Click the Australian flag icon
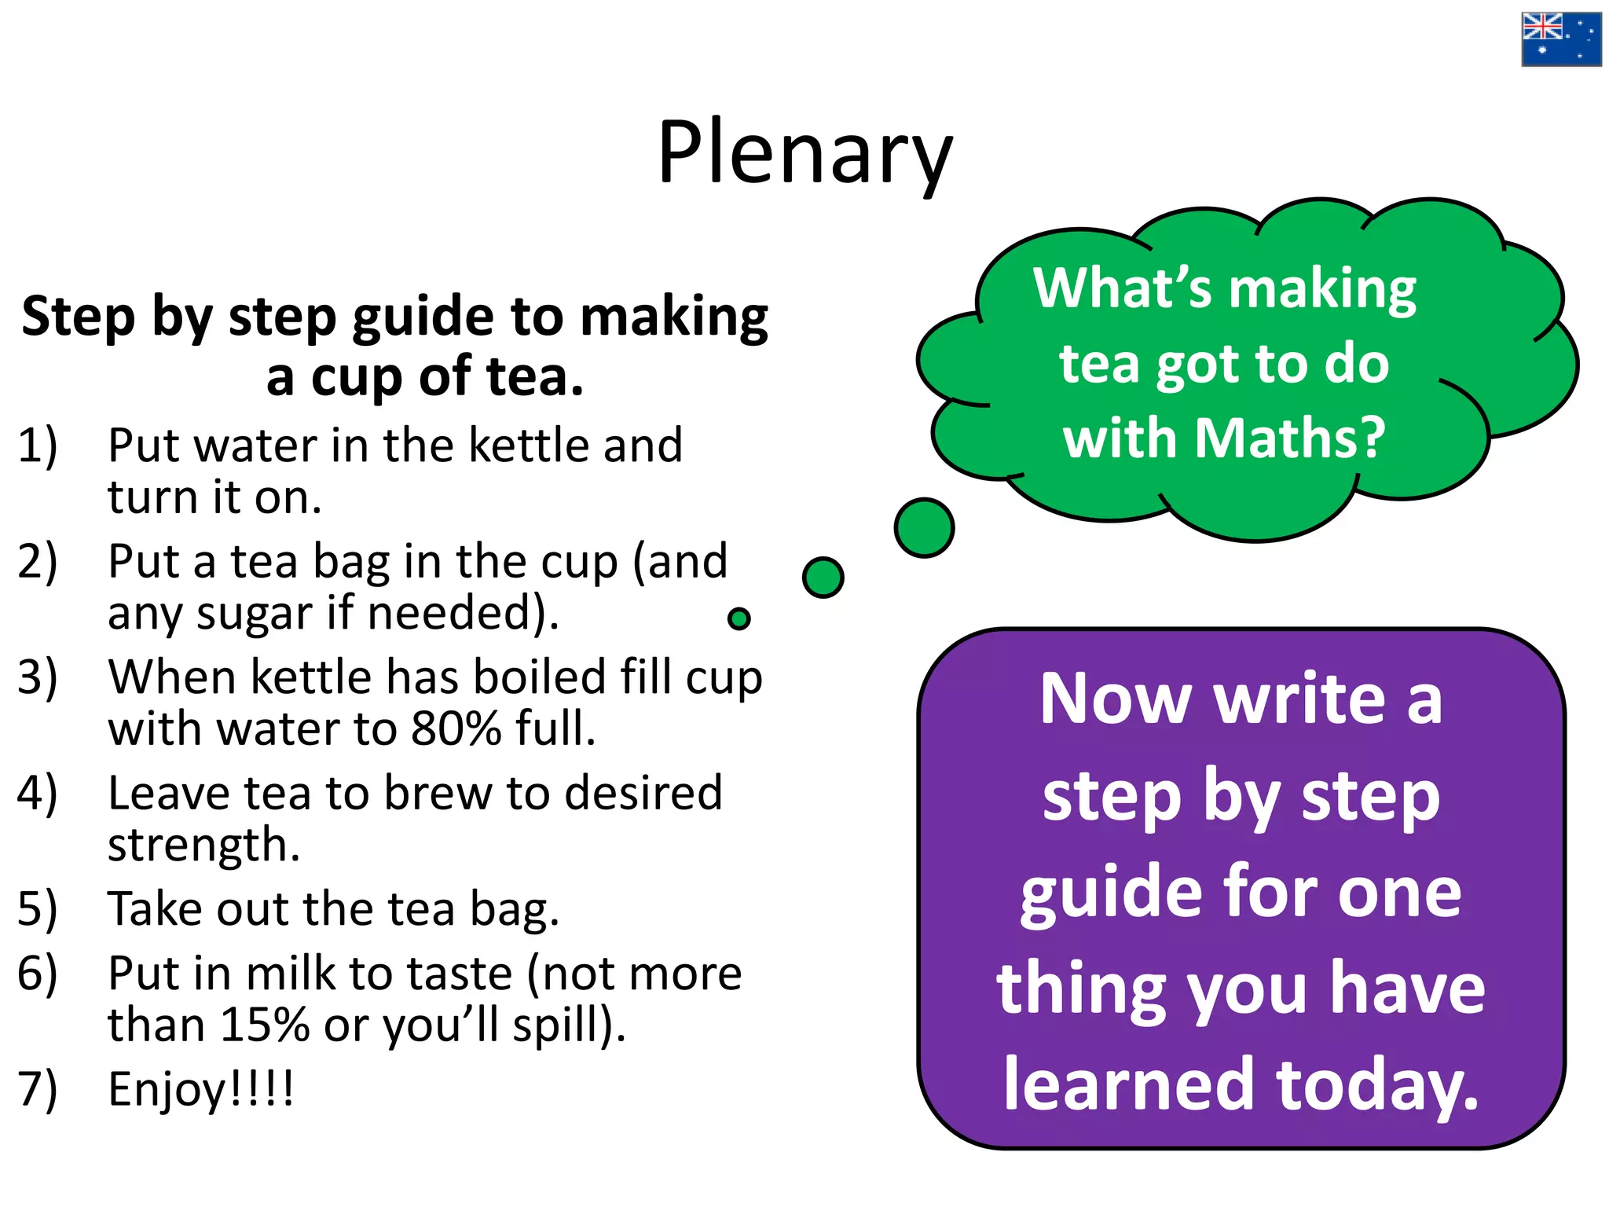[x=1560, y=39]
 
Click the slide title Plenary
[x=804, y=153]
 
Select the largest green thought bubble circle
[x=924, y=527]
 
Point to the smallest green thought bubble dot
[x=739, y=619]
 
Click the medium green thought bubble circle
[x=823, y=578]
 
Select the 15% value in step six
[x=265, y=1025]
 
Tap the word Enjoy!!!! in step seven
[x=201, y=1090]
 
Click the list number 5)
[x=38, y=909]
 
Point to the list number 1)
[x=38, y=446]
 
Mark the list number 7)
[x=38, y=1090]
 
